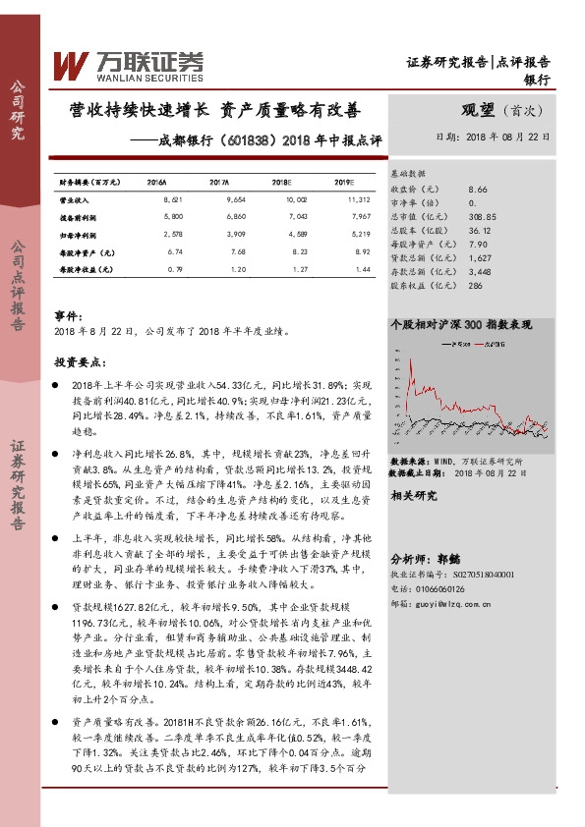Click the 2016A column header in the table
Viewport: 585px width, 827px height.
156,183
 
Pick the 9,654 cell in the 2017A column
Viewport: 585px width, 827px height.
218,199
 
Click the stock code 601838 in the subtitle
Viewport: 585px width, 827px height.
231,139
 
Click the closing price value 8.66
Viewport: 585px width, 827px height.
479,188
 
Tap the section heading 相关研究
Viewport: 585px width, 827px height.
413,496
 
